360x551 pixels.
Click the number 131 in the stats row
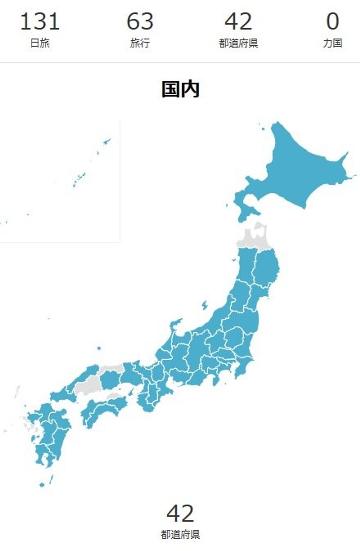[x=40, y=22]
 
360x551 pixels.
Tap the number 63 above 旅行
[x=140, y=22]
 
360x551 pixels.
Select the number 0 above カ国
[x=332, y=22]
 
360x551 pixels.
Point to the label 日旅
[x=40, y=43]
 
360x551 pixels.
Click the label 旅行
[x=140, y=43]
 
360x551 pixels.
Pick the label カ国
[x=332, y=43]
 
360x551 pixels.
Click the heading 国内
[x=180, y=89]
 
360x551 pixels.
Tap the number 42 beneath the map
[x=180, y=514]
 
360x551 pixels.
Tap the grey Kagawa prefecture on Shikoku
[x=113, y=397]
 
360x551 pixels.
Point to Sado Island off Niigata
[x=205, y=305]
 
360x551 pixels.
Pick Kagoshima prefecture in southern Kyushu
[x=43, y=453]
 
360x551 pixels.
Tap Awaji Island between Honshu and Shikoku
[x=131, y=392]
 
